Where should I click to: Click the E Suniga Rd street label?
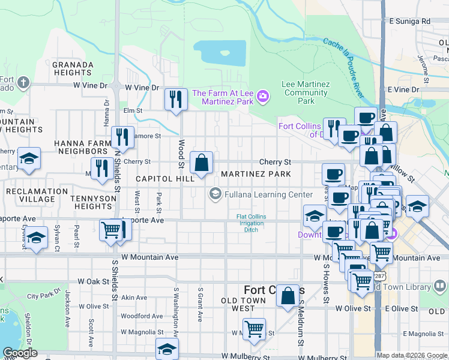[x=409, y=21]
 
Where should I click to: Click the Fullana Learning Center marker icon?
[x=214, y=194]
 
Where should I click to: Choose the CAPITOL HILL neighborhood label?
[x=164, y=179]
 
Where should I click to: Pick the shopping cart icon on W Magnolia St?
[x=255, y=329]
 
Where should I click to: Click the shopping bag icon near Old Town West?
[x=288, y=296]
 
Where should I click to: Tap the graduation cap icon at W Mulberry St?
[x=167, y=349]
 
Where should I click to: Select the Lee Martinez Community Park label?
[x=306, y=92]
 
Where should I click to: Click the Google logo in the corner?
[x=20, y=353]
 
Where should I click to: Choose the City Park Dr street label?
[x=40, y=295]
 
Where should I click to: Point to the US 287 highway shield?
[x=378, y=275]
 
